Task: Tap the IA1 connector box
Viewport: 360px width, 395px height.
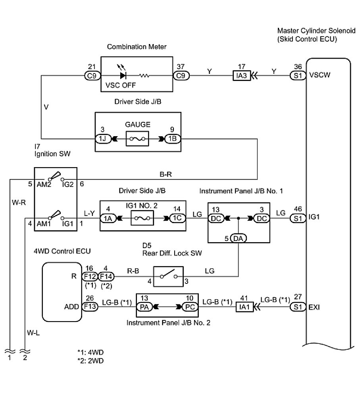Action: click(x=245, y=307)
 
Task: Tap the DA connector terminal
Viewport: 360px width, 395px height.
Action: click(x=238, y=238)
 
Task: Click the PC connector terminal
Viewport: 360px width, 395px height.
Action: click(x=189, y=306)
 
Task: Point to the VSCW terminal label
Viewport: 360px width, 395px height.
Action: click(x=320, y=75)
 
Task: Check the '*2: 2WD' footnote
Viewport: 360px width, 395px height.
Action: click(x=91, y=360)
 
